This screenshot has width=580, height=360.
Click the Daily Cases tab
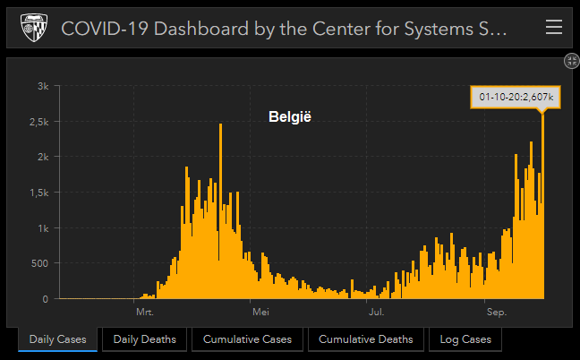[58, 339]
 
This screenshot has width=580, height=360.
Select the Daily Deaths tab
[145, 339]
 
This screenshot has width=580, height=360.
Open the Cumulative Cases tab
[246, 339]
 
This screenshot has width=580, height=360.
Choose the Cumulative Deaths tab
[366, 339]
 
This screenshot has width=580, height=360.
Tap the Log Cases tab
[465, 339]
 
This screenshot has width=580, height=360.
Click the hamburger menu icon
[553, 28]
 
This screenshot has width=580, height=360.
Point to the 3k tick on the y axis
[42, 86]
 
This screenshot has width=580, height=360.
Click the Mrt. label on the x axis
[145, 313]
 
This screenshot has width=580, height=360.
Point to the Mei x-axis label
[260, 313]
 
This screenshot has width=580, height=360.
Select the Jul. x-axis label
[376, 313]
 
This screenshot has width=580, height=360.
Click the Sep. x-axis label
[496, 313]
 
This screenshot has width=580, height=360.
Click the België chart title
[289, 117]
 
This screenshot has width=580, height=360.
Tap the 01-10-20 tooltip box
[516, 97]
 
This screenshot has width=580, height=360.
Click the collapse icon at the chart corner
[571, 61]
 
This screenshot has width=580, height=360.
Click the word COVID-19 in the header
[98, 29]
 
